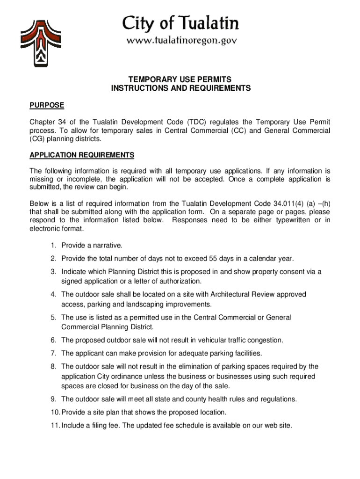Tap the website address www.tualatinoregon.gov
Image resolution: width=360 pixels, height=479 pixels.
181,41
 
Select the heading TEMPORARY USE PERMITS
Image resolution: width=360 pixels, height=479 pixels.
180,80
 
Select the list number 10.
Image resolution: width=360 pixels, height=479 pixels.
55,413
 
